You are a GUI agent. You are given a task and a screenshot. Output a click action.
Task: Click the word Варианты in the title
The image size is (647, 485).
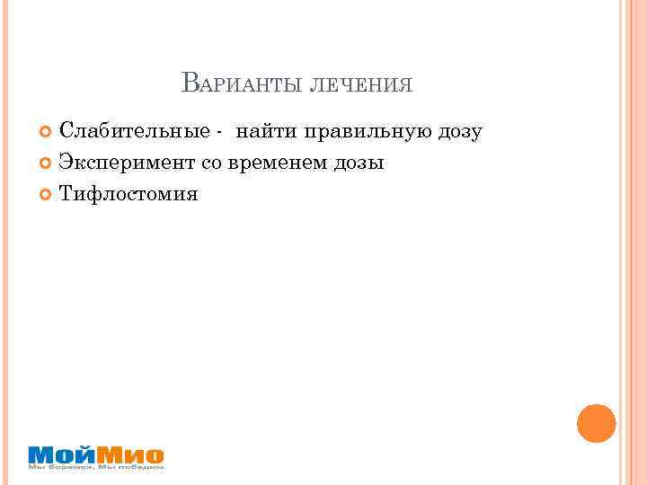click(x=241, y=84)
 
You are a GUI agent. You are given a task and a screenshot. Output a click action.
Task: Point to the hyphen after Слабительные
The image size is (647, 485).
click(x=219, y=134)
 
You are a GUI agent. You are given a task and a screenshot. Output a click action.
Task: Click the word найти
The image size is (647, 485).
click(x=267, y=132)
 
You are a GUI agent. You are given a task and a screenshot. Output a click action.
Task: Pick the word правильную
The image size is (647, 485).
click(x=369, y=133)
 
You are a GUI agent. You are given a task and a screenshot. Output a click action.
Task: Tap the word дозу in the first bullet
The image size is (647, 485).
click(x=461, y=134)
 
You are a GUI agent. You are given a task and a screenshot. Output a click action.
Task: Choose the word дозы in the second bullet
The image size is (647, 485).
click(x=359, y=164)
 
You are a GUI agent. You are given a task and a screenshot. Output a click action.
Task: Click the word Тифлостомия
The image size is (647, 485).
click(x=128, y=194)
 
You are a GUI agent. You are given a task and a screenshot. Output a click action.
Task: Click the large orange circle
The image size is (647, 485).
click(x=596, y=423)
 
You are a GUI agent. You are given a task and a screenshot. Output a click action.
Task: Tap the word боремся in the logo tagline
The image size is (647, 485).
click(x=66, y=467)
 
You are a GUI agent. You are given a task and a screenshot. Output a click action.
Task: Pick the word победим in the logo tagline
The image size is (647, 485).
click(x=143, y=467)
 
